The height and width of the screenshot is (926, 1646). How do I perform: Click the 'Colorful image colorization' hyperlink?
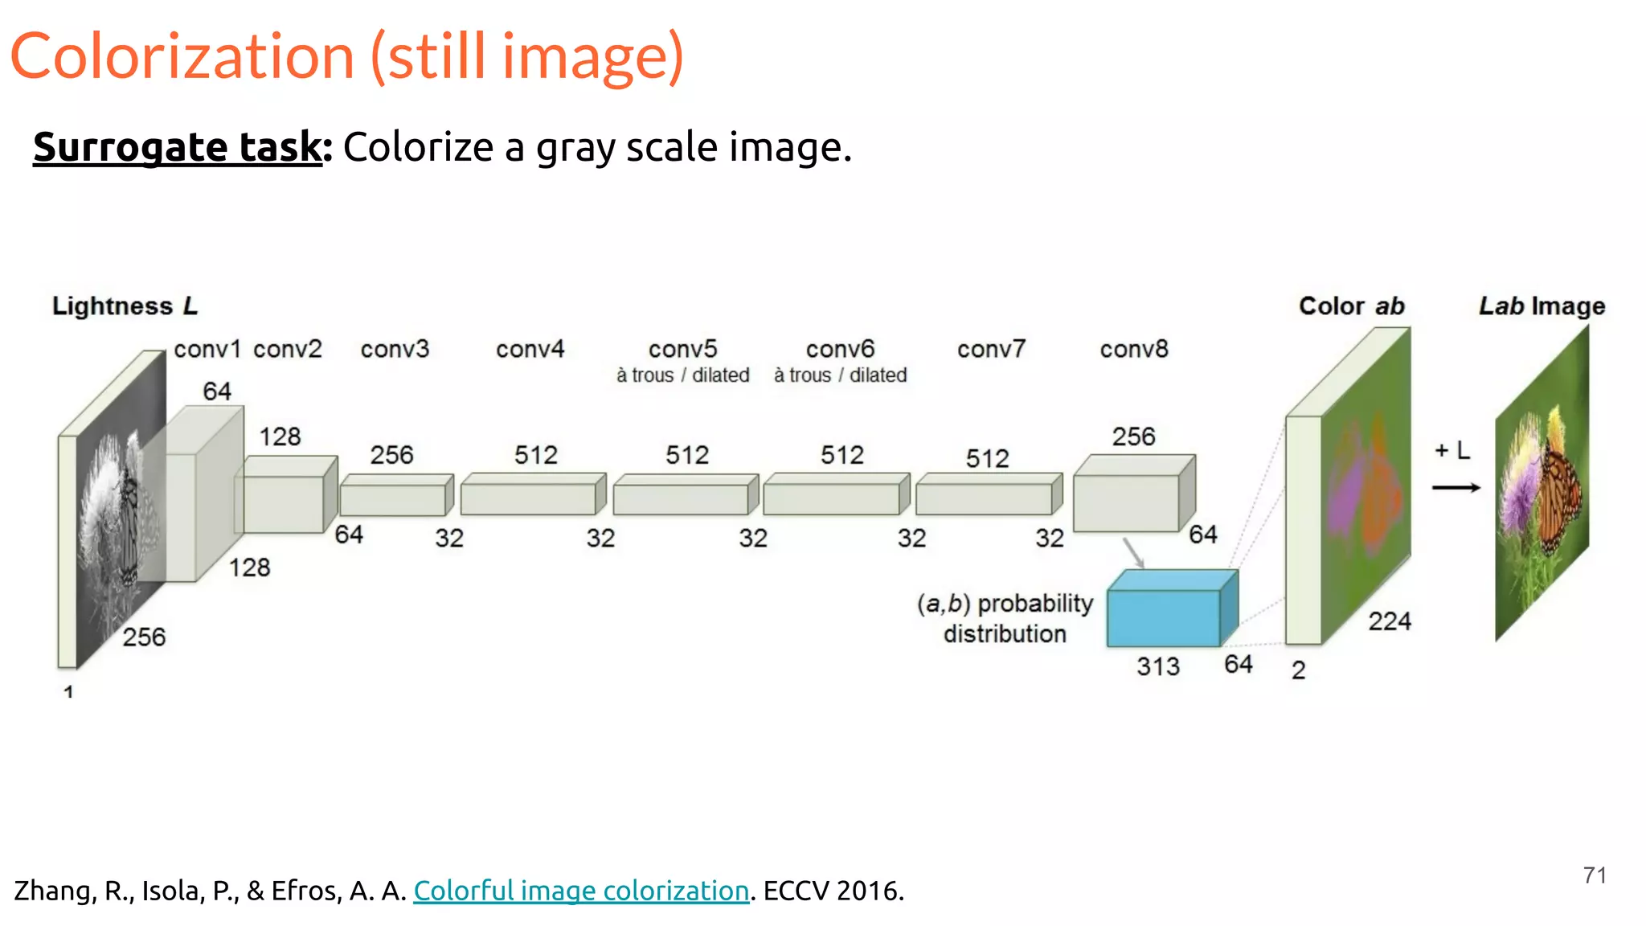(x=580, y=891)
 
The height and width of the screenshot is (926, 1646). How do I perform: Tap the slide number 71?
(x=1595, y=875)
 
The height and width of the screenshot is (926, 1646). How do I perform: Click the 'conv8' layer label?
(x=1133, y=349)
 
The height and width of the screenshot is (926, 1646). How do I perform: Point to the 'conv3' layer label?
(x=395, y=349)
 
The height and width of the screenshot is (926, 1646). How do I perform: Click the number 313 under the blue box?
(x=1157, y=666)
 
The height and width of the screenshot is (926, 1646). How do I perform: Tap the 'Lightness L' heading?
(x=125, y=306)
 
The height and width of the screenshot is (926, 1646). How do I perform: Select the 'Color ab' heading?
(x=1351, y=306)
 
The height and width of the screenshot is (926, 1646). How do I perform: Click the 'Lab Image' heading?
(x=1542, y=306)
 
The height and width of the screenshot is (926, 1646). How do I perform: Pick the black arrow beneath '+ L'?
(x=1456, y=487)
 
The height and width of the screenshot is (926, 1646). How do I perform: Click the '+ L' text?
(x=1452, y=450)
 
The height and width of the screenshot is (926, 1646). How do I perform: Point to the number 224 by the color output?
(x=1390, y=621)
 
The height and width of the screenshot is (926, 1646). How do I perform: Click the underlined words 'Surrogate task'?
(x=177, y=147)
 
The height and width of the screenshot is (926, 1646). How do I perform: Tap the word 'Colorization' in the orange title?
(x=182, y=56)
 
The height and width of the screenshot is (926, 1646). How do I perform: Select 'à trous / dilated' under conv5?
(x=682, y=375)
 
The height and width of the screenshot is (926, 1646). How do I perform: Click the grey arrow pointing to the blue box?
(x=1133, y=553)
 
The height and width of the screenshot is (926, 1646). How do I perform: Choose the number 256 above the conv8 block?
(x=1133, y=436)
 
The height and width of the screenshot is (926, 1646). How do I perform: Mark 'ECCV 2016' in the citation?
(x=833, y=891)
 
